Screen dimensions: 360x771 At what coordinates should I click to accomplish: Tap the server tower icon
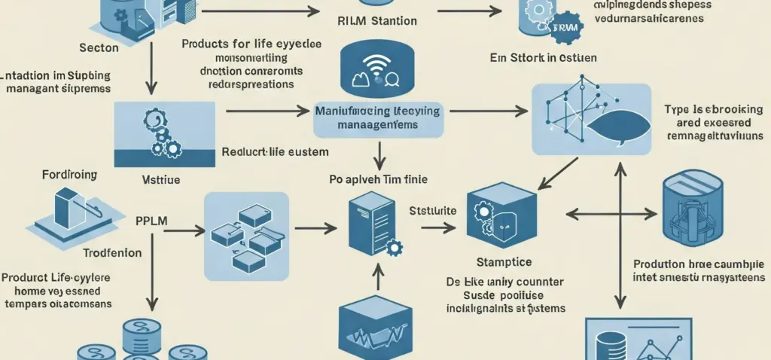[x=370, y=222]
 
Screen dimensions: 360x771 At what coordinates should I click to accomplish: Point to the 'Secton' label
[x=99, y=48]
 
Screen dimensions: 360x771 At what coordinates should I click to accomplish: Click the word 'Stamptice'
[x=504, y=262]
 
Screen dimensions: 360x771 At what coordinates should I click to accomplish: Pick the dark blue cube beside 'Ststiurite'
[x=501, y=215]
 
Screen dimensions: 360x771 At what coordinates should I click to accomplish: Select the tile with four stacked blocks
[x=246, y=230]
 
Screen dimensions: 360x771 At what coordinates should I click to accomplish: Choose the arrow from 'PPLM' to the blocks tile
[x=181, y=227]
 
